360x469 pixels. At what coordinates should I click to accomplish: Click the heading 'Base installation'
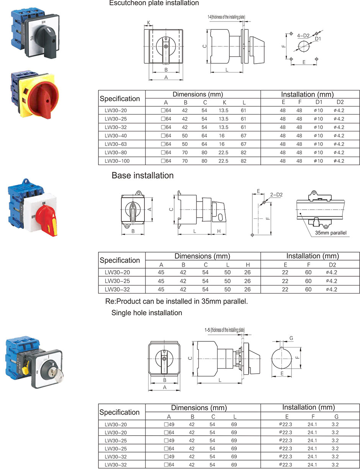tap(142, 175)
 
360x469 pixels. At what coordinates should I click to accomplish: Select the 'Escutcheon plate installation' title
tap(154, 3)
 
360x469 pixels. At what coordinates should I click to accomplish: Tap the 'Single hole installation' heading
tap(147, 313)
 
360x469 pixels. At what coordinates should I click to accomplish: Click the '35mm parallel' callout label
tap(331, 233)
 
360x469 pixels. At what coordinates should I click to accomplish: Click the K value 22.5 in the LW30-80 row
tap(223, 153)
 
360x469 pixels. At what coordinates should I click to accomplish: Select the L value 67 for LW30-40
tap(244, 136)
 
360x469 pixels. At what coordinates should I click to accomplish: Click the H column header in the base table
tap(247, 264)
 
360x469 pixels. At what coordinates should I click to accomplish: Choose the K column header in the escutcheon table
tap(223, 102)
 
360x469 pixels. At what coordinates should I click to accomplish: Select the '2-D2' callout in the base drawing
tap(276, 195)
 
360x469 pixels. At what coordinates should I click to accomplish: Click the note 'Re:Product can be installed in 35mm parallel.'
tap(177, 301)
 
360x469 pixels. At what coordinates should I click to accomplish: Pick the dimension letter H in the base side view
tap(219, 231)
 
